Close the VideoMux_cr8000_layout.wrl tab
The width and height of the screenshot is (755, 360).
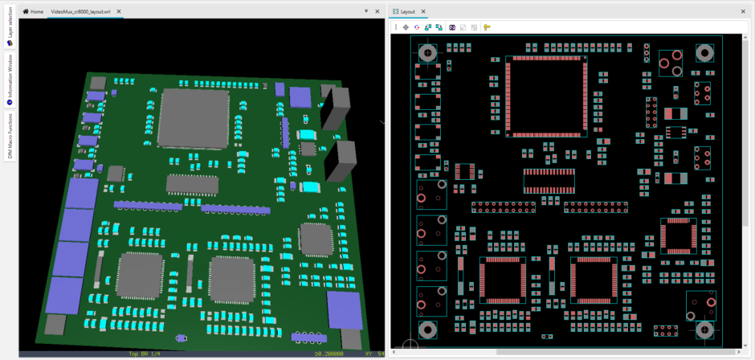click(119, 12)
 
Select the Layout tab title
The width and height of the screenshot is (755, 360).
click(408, 12)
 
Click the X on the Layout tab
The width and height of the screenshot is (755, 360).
click(423, 12)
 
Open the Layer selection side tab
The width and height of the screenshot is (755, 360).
click(9, 33)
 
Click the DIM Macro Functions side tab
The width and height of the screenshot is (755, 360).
click(9, 136)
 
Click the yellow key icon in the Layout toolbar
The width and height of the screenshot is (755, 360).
click(487, 27)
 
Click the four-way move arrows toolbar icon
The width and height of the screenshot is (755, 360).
click(406, 27)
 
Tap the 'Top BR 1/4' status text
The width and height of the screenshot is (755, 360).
click(145, 354)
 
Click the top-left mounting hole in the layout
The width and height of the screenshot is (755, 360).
click(428, 53)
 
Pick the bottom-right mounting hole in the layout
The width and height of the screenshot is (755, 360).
click(704, 329)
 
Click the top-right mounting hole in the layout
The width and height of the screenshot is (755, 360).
click(704, 54)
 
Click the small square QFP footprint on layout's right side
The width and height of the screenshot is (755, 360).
click(679, 235)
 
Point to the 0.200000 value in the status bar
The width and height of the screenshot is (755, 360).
click(330, 354)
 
